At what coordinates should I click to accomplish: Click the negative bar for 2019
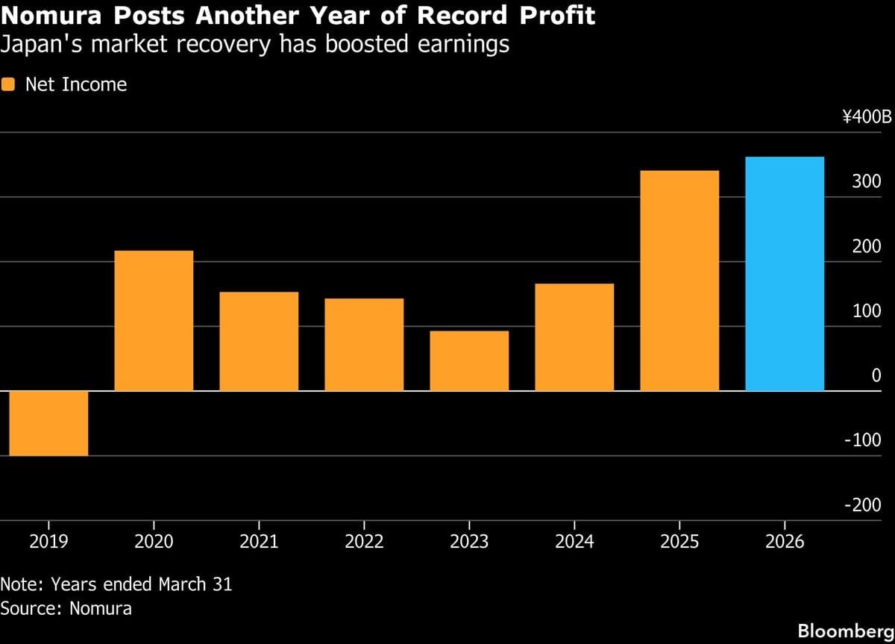pos(48,423)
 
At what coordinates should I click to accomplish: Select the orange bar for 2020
pos(154,320)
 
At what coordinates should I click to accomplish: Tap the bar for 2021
pos(259,341)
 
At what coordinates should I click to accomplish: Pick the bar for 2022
pos(364,344)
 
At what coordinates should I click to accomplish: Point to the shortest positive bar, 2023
pos(469,360)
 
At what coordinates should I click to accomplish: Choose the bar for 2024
pos(574,337)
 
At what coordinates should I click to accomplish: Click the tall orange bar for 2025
pos(679,281)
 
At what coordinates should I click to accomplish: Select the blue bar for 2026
pos(785,273)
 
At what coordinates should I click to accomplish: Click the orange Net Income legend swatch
pos(8,84)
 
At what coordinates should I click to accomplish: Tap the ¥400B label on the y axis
pos(867,117)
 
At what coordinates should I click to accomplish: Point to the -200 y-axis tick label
pos(862,505)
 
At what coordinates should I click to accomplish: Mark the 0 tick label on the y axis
pos(876,376)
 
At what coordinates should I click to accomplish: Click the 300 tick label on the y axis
pos(867,182)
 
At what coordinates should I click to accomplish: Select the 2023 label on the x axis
pos(469,542)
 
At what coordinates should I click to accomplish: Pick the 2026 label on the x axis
pos(785,542)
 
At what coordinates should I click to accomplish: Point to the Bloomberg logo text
pos(845,631)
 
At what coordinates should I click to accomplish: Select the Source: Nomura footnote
pos(66,608)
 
